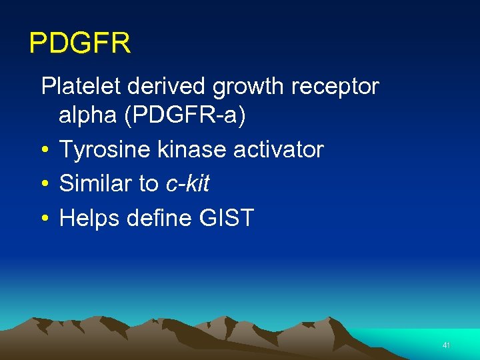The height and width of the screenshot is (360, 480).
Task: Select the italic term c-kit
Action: click(187, 184)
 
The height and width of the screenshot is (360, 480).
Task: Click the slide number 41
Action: click(446, 345)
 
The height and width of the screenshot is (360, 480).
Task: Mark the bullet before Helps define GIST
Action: click(45, 219)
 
